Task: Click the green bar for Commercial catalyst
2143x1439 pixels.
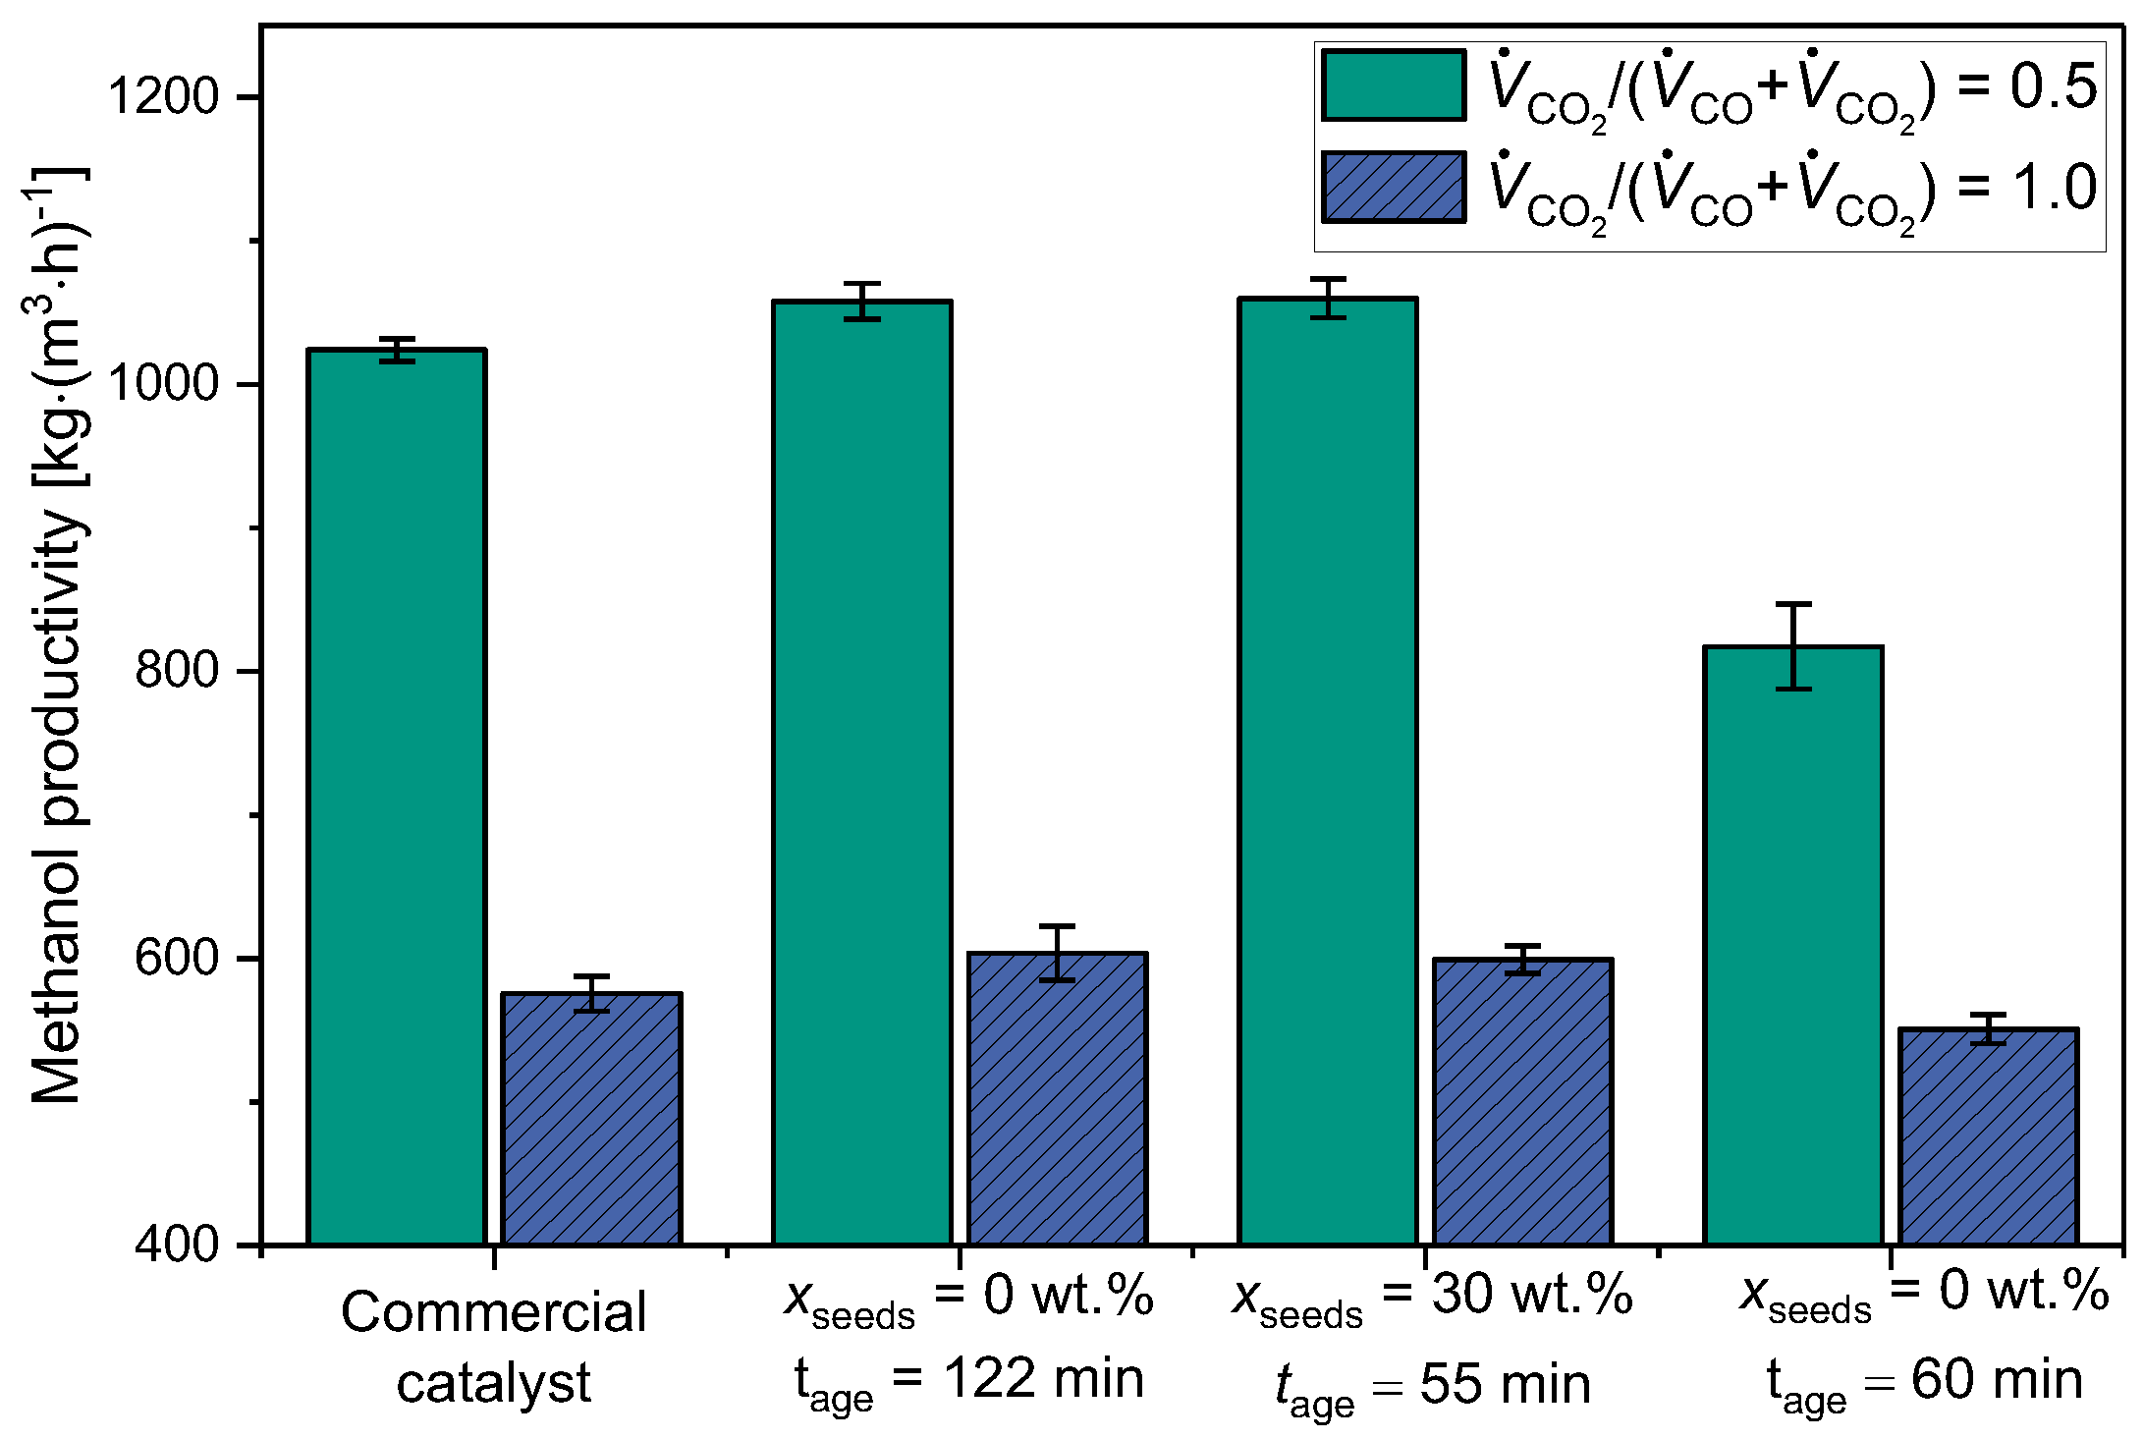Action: [x=396, y=796]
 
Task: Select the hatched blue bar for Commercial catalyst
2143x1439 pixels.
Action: [x=591, y=1120]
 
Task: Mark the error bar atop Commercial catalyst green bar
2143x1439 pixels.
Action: [x=397, y=350]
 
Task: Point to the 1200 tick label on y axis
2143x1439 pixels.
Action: [x=162, y=96]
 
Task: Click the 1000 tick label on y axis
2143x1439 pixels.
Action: [x=162, y=383]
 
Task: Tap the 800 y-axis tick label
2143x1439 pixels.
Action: [x=177, y=670]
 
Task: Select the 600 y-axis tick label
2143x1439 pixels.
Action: [x=177, y=958]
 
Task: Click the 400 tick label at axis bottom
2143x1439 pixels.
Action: [x=177, y=1245]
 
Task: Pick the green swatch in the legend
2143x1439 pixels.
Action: [x=1393, y=86]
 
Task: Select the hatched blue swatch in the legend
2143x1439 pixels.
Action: [x=1393, y=187]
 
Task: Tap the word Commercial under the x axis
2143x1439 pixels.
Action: [x=493, y=1313]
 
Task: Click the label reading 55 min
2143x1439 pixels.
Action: [x=1505, y=1385]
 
